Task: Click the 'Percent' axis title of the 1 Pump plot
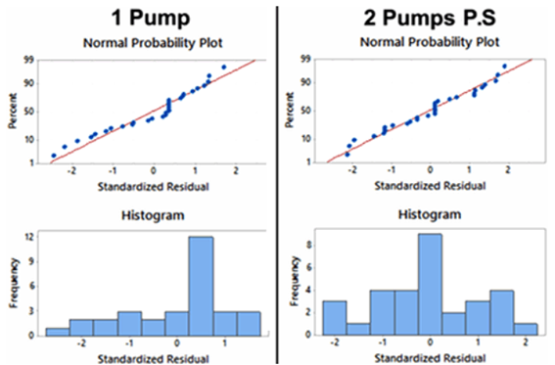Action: pos(12,111)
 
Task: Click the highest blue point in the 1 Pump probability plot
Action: pos(224,68)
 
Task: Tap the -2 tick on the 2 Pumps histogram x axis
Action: pos(335,343)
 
